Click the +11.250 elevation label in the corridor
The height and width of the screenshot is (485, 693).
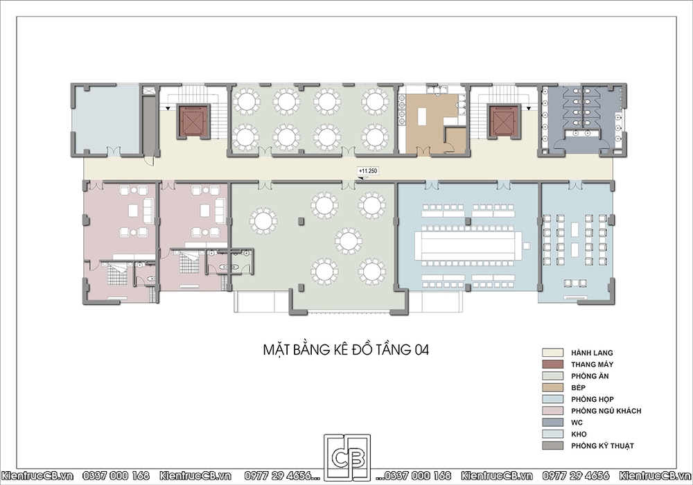[368, 170]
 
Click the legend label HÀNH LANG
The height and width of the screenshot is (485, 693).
[592, 353]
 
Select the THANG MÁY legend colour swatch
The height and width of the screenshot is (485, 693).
[553, 364]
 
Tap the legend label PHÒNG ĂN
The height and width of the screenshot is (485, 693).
[590, 376]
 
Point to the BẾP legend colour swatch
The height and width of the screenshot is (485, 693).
[553, 387]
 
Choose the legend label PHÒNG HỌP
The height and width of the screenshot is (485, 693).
[593, 399]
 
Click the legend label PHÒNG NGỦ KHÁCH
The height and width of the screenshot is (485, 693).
[606, 411]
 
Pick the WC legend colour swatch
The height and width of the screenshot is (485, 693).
[553, 422]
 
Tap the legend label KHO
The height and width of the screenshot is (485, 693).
[579, 434]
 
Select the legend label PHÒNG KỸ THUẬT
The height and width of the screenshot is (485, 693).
[602, 446]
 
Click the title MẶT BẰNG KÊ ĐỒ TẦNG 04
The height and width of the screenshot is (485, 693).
[346, 349]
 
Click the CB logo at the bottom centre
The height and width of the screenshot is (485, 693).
[347, 457]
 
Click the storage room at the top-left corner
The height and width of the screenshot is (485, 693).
[107, 119]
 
